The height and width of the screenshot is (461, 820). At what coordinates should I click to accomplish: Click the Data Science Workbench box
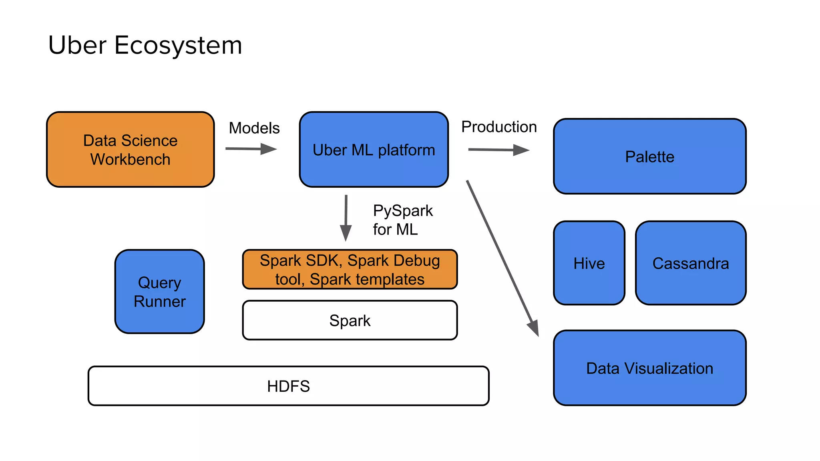pyautogui.click(x=130, y=149)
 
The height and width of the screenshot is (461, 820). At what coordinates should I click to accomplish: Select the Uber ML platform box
pyautogui.click(x=374, y=149)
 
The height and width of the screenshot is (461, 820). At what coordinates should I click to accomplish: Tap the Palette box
pyautogui.click(x=649, y=156)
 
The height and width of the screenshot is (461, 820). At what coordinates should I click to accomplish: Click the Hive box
pyautogui.click(x=589, y=263)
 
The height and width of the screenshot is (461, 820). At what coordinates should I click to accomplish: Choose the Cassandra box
pyautogui.click(x=691, y=263)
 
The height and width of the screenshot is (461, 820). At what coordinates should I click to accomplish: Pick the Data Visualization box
pyautogui.click(x=649, y=368)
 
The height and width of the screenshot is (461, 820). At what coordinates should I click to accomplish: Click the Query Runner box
pyautogui.click(x=159, y=292)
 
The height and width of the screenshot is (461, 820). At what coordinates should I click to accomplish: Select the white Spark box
pyautogui.click(x=350, y=320)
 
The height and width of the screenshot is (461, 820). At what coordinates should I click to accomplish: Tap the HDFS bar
pyautogui.click(x=288, y=386)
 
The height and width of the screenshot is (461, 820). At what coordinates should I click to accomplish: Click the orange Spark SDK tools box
pyautogui.click(x=350, y=269)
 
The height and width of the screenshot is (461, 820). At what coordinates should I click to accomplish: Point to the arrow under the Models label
pyautogui.click(x=251, y=149)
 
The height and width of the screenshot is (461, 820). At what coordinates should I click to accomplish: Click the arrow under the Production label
pyautogui.click(x=498, y=150)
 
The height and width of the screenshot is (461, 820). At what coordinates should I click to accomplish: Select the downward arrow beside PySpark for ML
pyautogui.click(x=346, y=218)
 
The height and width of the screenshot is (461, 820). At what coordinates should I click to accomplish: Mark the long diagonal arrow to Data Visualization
pyautogui.click(x=502, y=258)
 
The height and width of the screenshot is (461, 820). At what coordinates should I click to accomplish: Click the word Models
pyautogui.click(x=254, y=128)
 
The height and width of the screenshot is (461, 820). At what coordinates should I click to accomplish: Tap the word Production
pyautogui.click(x=498, y=127)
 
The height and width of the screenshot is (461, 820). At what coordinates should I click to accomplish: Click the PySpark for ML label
pyautogui.click(x=402, y=220)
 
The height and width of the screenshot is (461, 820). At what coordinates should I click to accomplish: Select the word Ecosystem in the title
pyautogui.click(x=178, y=45)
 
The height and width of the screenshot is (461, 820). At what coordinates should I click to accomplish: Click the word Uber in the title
pyautogui.click(x=77, y=45)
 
